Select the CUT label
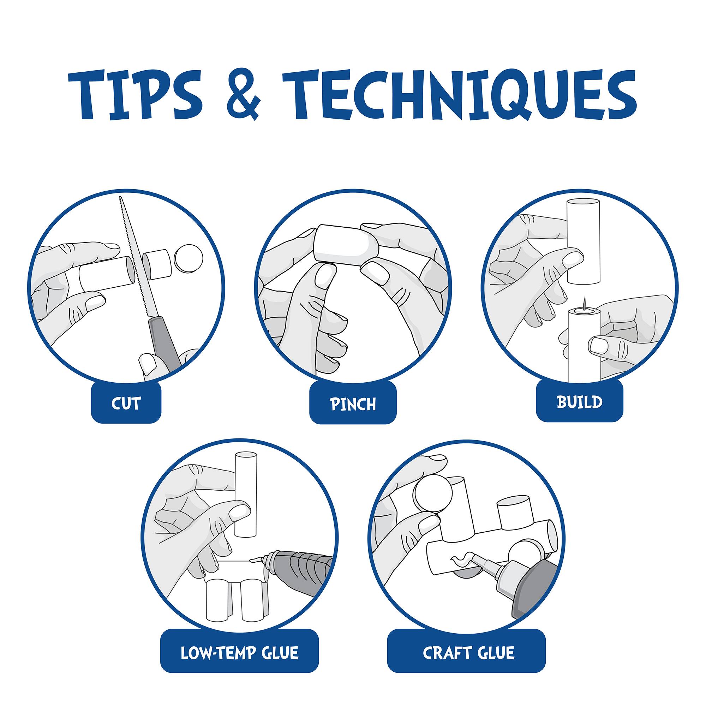(x=126, y=403)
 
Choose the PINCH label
(x=353, y=404)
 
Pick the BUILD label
(x=579, y=402)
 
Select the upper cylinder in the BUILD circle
(x=583, y=241)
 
